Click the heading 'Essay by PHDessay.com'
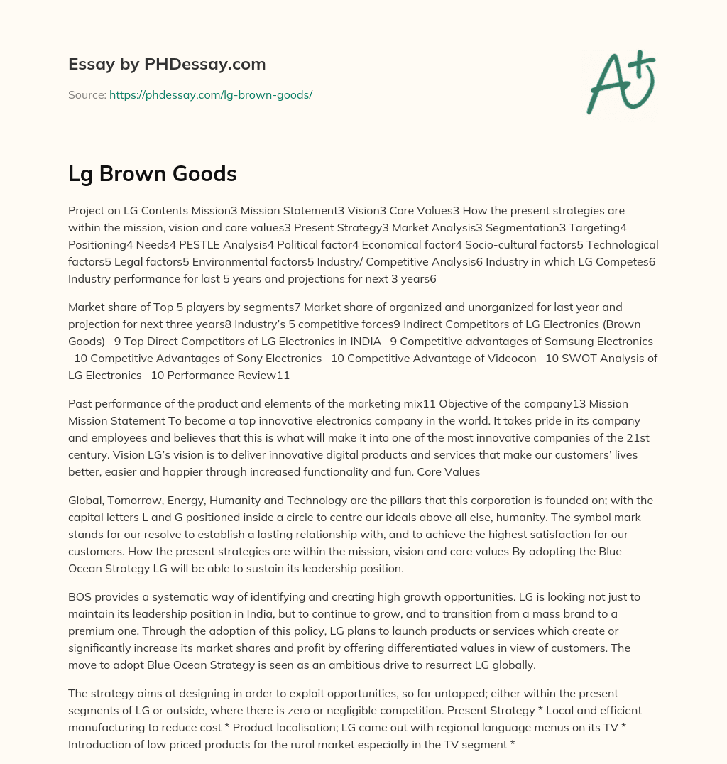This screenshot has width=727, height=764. [167, 65]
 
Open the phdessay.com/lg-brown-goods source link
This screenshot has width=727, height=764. [211, 94]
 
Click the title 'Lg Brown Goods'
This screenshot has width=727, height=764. [152, 173]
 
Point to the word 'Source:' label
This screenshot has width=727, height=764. [87, 94]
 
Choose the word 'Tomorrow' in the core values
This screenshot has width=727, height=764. [139, 501]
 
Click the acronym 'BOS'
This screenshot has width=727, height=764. [81, 597]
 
